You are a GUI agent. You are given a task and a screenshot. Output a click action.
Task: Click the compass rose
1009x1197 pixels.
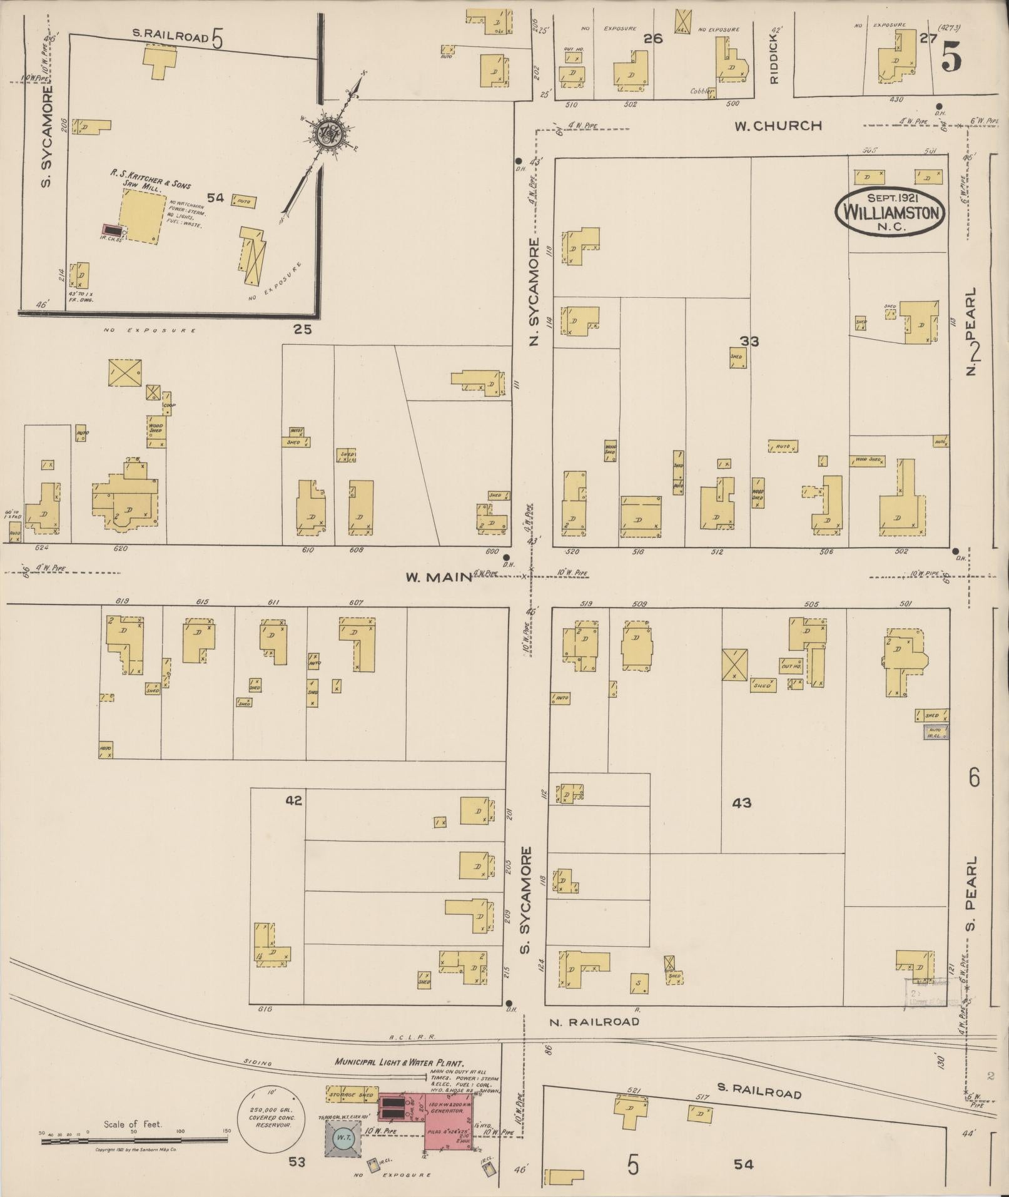click(330, 133)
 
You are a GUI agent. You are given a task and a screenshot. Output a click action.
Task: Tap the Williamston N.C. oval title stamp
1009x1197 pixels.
click(891, 211)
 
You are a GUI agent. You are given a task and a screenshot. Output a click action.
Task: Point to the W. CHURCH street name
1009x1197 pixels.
click(778, 126)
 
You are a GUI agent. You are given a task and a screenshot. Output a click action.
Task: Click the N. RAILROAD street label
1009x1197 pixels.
click(594, 1021)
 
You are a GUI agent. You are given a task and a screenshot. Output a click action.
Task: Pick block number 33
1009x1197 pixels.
click(749, 341)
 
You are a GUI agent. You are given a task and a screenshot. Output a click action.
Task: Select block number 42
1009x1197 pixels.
click(294, 800)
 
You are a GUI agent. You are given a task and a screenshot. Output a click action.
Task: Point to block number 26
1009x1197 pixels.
click(653, 39)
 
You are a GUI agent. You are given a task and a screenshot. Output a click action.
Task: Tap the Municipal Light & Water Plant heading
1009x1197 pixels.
click(399, 1063)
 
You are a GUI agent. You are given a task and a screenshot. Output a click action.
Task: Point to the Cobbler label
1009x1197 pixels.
click(701, 91)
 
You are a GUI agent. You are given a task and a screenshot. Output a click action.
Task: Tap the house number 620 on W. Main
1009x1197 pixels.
click(121, 549)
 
